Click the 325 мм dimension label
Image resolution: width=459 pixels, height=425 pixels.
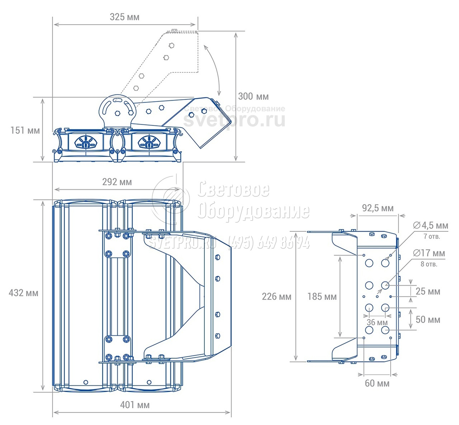(x=125, y=17)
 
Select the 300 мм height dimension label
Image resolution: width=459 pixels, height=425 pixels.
(x=253, y=96)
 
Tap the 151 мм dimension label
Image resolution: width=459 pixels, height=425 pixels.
(x=25, y=130)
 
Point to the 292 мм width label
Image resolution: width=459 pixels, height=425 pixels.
(x=117, y=182)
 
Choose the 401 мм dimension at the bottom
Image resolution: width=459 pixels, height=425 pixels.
(x=135, y=405)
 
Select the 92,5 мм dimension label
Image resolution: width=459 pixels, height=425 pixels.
(x=378, y=208)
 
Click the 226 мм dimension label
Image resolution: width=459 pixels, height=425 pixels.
(x=277, y=296)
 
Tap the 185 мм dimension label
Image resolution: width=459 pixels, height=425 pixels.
(x=322, y=296)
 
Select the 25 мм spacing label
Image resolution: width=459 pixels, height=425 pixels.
(x=428, y=292)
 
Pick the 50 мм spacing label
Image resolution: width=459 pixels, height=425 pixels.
(x=428, y=319)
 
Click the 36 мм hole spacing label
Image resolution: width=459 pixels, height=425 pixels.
(x=377, y=323)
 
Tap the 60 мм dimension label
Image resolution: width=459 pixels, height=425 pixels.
(x=377, y=383)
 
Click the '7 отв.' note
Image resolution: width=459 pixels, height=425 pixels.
(x=432, y=237)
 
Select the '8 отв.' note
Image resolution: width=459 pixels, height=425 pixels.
(x=429, y=264)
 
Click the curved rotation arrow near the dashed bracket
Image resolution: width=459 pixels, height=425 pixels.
(x=214, y=71)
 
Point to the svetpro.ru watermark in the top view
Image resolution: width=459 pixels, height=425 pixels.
(x=234, y=120)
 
